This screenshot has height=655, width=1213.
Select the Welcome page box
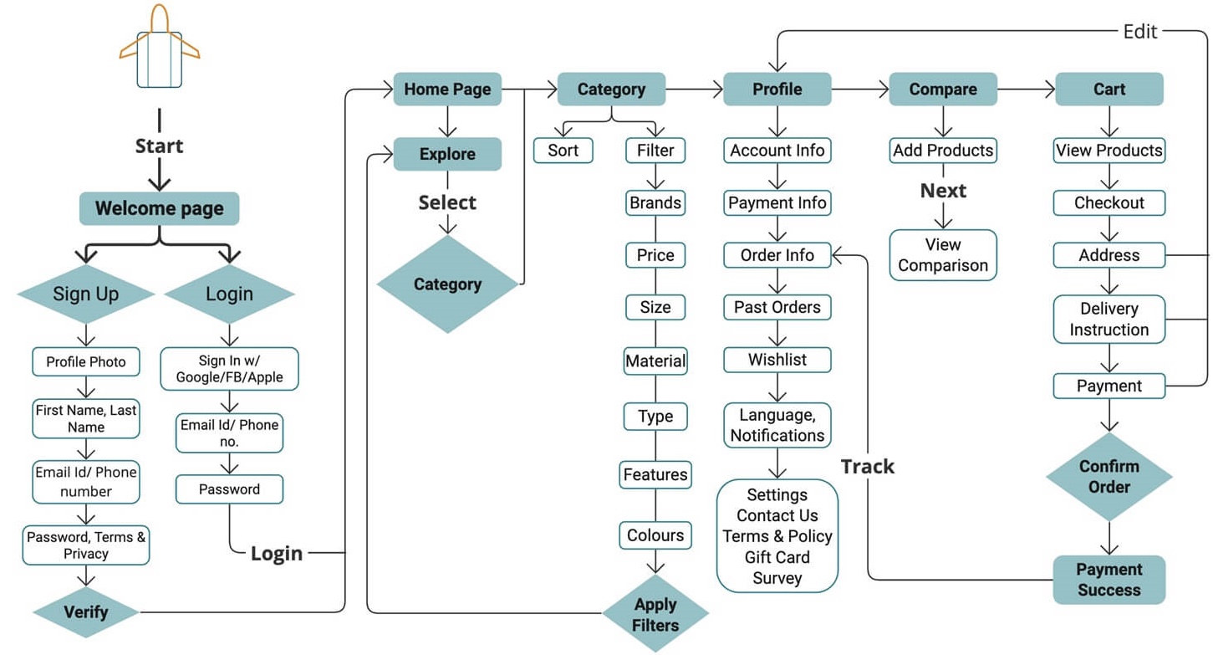click(x=159, y=208)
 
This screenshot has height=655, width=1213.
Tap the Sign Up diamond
click(x=85, y=294)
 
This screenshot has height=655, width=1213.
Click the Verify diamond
click(x=85, y=612)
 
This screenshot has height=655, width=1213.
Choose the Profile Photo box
click(x=85, y=361)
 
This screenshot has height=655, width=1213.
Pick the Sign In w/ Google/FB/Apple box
click(x=229, y=369)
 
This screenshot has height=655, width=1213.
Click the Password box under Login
click(x=229, y=489)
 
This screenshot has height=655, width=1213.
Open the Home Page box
click(x=447, y=89)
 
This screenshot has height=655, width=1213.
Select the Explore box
click(x=447, y=154)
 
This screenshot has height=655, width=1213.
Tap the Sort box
click(x=563, y=151)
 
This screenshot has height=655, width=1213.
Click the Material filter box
click(x=655, y=361)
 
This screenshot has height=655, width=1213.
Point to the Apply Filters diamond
click(x=655, y=615)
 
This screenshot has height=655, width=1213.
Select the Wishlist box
click(x=777, y=360)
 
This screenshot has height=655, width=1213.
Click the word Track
click(x=867, y=467)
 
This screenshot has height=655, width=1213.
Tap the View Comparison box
click(x=943, y=255)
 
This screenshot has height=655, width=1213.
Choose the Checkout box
click(x=1109, y=202)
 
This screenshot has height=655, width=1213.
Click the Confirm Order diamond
click(x=1109, y=476)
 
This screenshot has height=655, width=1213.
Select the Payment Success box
click(x=1109, y=579)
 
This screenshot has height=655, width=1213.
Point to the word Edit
click(x=1140, y=31)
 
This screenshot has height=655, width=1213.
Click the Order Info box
click(x=777, y=255)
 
